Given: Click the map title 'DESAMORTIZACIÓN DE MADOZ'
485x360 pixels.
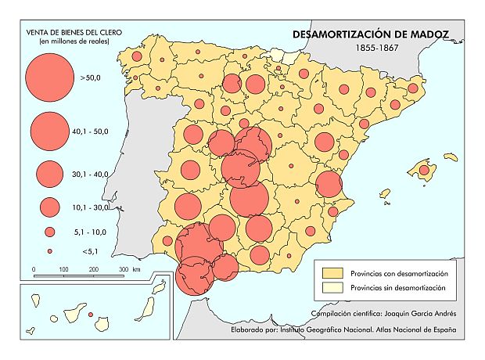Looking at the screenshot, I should [370, 34].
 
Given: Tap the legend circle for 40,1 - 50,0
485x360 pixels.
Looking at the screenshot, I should [49, 131].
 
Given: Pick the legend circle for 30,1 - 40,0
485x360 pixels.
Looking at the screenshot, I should [49, 172].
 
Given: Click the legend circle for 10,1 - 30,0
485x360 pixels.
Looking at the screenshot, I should [49, 207].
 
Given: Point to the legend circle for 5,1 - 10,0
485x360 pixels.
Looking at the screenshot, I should [49, 232].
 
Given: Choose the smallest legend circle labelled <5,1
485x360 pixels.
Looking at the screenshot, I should [49, 251].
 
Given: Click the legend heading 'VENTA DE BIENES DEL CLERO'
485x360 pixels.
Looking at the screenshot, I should [68, 32].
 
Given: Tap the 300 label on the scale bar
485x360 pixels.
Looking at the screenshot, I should [124, 269].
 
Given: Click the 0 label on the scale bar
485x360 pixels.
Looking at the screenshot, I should [34, 269].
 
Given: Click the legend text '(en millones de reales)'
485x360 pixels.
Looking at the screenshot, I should [68, 41].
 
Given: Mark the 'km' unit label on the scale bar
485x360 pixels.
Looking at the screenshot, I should [137, 269].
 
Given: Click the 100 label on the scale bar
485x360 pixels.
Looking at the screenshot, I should [63, 269].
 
